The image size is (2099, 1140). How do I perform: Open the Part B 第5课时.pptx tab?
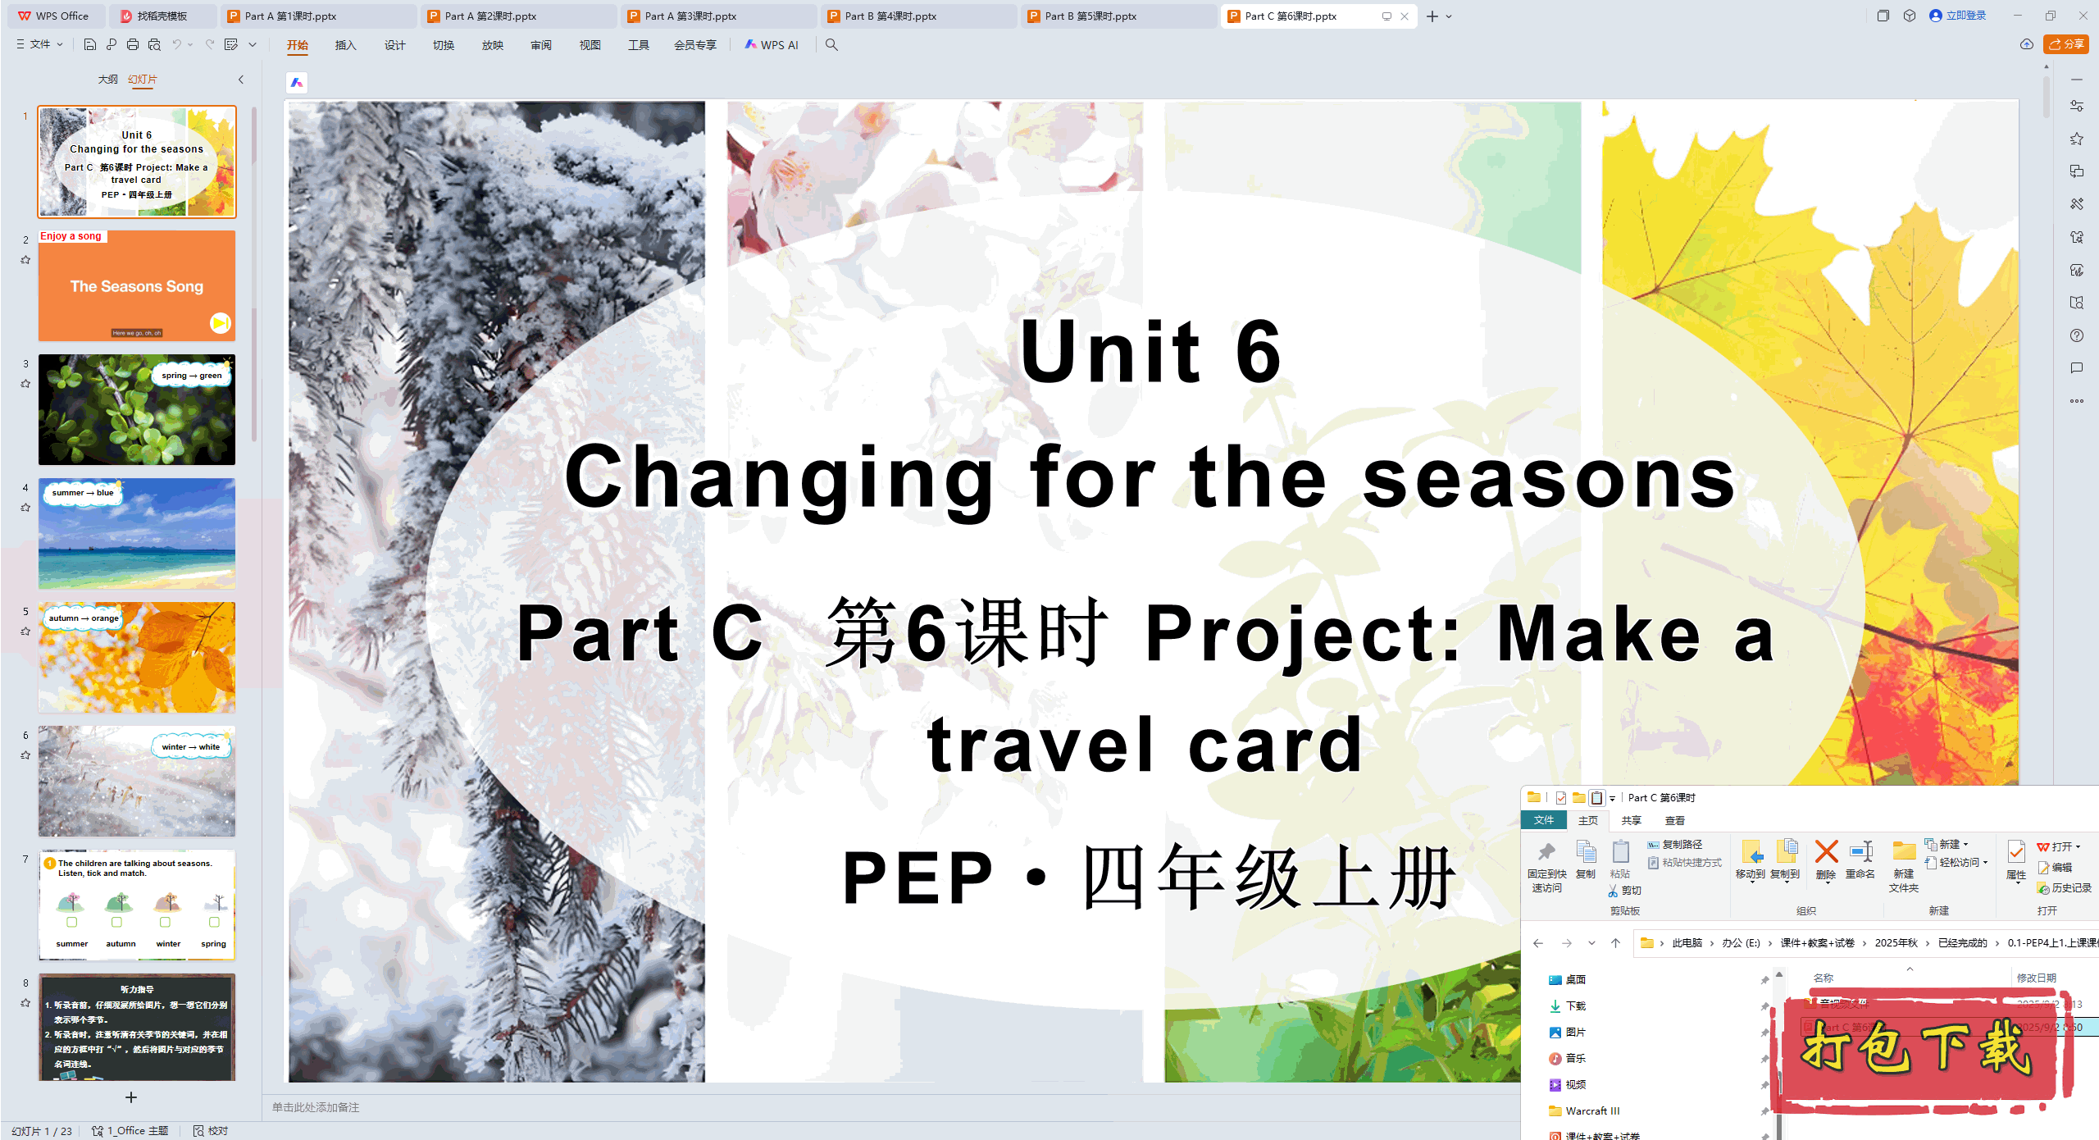[x=1090, y=16]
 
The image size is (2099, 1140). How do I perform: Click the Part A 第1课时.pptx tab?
[x=290, y=16]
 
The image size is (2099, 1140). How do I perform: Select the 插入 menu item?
[x=345, y=45]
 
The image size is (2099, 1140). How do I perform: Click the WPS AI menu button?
[x=772, y=45]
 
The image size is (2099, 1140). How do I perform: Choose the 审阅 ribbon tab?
[x=540, y=45]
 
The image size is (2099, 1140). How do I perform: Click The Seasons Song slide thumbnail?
[x=137, y=286]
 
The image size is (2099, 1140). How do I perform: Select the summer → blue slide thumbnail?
[x=137, y=533]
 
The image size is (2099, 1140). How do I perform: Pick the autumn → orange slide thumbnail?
[x=137, y=657]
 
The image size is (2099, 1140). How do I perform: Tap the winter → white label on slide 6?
[x=190, y=746]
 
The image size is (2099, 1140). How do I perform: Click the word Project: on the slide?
[x=1303, y=633]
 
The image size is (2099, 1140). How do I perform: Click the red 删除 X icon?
[x=1826, y=852]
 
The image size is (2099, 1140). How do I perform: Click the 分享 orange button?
[x=2065, y=44]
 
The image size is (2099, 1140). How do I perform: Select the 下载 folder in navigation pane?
[x=1575, y=1005]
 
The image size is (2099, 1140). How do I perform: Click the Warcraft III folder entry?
[x=1591, y=1110]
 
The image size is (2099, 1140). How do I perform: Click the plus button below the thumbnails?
[x=131, y=1097]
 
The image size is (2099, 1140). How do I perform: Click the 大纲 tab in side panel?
[x=107, y=80]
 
